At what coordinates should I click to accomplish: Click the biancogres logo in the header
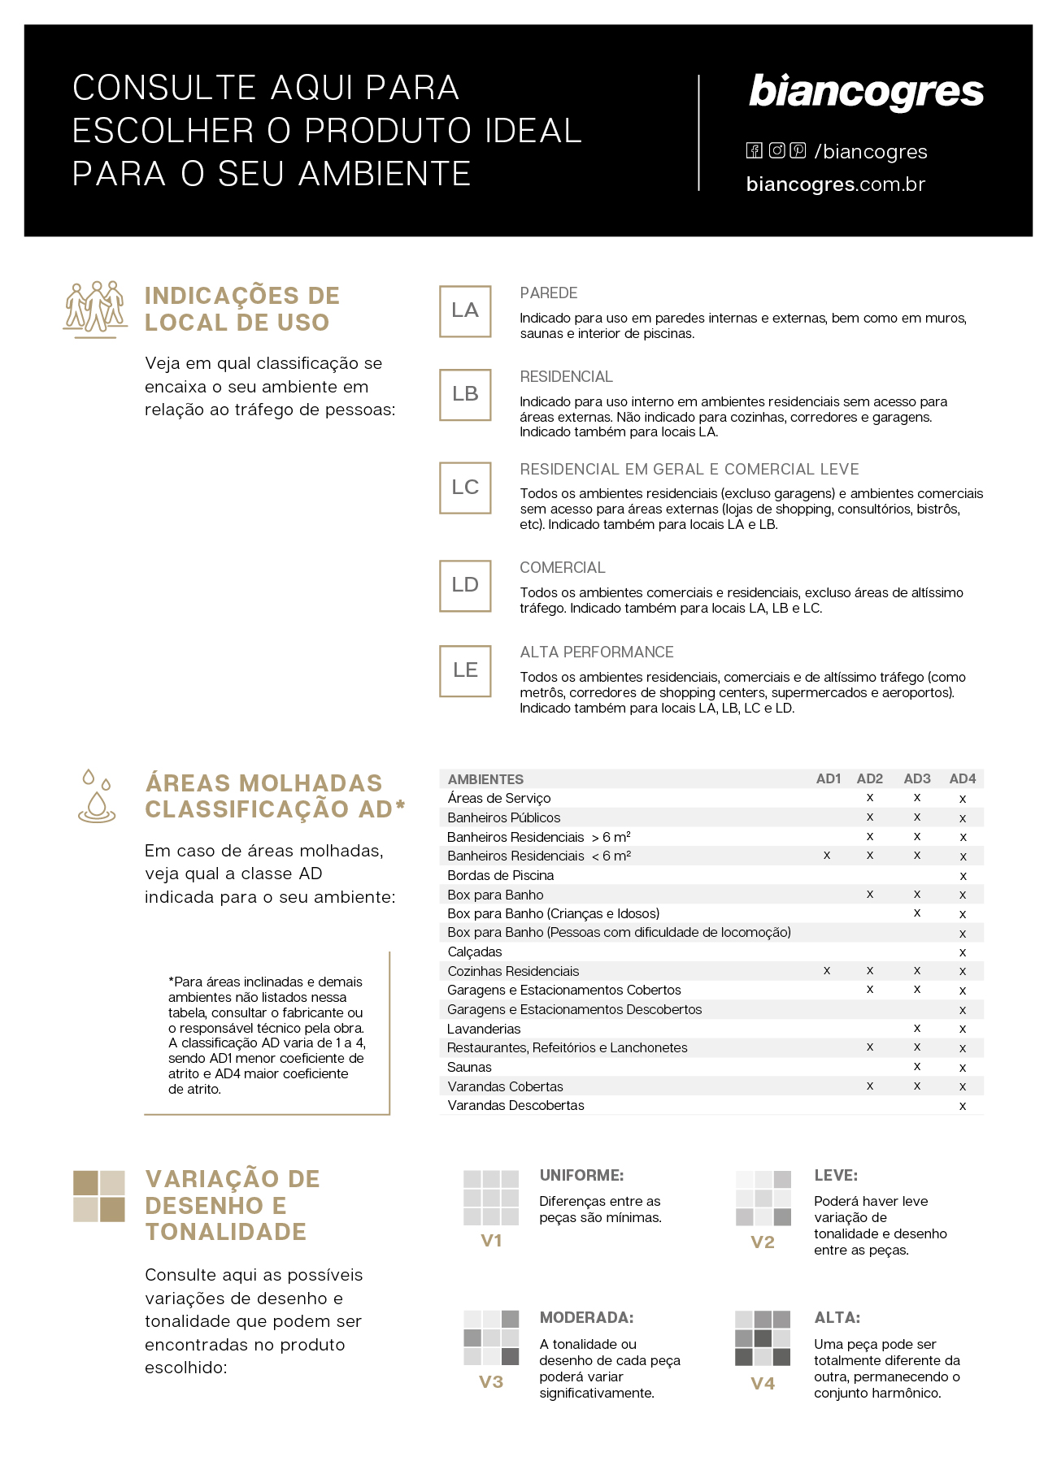coord(866,93)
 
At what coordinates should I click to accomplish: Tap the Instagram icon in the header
coord(777,150)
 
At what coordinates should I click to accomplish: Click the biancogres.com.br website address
coord(835,184)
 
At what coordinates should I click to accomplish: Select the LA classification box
coord(465,310)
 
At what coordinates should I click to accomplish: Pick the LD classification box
coord(465,585)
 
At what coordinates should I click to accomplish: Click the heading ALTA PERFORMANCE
coord(597,652)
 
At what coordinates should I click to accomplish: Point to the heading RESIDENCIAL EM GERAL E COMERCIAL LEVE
coord(689,469)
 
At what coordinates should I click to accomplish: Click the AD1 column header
coord(828,778)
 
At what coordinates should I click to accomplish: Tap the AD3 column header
coord(917,778)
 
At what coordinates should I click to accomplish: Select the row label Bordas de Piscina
coord(500,875)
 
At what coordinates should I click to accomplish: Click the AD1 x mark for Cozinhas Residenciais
coord(827,970)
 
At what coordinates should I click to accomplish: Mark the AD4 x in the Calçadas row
coord(963,952)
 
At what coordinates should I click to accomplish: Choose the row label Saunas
coord(469,1067)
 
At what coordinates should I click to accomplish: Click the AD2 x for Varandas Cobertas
coord(870,1086)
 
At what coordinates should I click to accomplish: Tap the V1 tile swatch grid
coord(491,1198)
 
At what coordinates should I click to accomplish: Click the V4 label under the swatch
coord(763,1383)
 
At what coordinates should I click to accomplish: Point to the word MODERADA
coord(586,1317)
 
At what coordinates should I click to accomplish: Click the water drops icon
coord(96,796)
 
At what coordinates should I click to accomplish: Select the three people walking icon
coord(96,309)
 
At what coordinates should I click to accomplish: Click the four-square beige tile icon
coord(99,1196)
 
